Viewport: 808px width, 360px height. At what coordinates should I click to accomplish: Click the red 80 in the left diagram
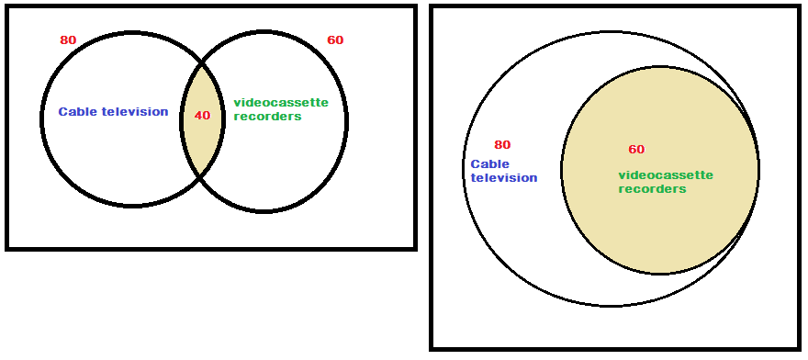[x=68, y=40]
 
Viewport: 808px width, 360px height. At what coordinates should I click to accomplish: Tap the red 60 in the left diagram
[x=335, y=40]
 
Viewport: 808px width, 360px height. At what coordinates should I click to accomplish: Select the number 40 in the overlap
[x=202, y=116]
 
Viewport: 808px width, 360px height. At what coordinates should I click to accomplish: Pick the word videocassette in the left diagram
[x=281, y=102]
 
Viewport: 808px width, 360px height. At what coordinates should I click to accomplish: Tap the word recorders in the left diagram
[x=267, y=117]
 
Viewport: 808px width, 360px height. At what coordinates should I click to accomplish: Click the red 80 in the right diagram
[x=502, y=145]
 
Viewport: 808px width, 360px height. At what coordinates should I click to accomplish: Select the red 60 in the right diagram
[x=636, y=150]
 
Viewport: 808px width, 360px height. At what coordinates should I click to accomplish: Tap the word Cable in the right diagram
[x=489, y=164]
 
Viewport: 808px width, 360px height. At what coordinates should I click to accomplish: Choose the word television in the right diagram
[x=504, y=178]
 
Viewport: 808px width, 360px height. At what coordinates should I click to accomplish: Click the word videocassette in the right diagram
[x=666, y=174]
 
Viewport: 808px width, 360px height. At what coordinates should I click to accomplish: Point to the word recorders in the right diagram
[x=652, y=189]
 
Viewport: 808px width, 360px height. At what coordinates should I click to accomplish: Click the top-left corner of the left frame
[x=7, y=7]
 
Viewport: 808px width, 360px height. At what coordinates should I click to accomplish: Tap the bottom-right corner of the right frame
[x=797, y=348]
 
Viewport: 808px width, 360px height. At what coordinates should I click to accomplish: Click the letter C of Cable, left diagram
[x=62, y=112]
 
